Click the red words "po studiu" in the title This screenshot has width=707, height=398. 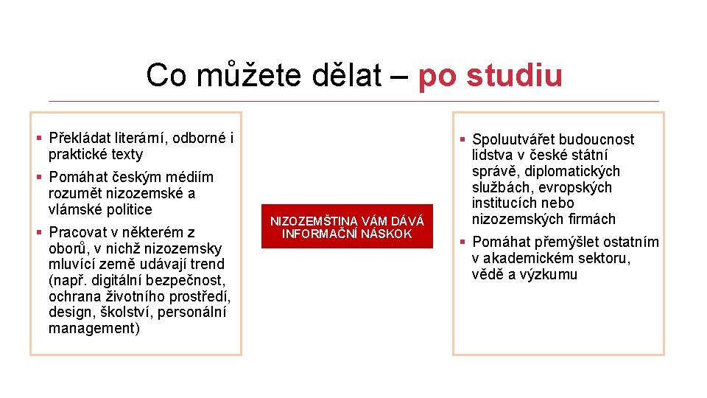pos(490,75)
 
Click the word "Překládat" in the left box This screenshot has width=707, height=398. pos(80,138)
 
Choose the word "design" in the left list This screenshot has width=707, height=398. pos(70,313)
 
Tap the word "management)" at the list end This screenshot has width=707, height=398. pos(94,329)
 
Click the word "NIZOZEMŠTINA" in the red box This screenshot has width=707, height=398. pos(314,221)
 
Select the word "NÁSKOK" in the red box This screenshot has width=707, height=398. pos(387,234)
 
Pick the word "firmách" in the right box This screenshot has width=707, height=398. pos(589,219)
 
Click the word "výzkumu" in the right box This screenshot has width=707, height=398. pos(550,274)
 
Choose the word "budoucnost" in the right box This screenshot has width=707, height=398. pos(597,139)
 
